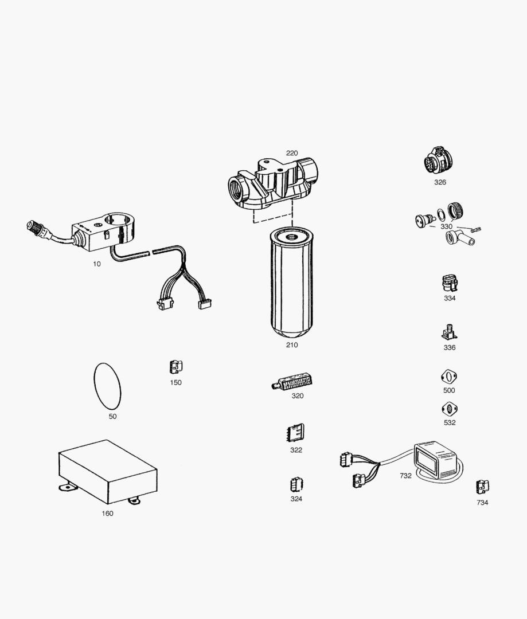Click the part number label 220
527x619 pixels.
tap(292, 153)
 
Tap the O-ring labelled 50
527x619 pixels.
tap(107, 385)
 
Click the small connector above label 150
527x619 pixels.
tap(175, 367)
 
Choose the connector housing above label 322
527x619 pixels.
tap(295, 433)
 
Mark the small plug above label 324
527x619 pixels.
tap(296, 485)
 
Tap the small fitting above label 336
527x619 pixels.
tap(449, 332)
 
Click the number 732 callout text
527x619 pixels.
tap(405, 476)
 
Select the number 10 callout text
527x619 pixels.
tap(96, 264)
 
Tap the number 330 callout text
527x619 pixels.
tap(446, 226)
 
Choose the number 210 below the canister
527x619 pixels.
tap(292, 345)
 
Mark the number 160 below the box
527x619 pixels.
tap(107, 514)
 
